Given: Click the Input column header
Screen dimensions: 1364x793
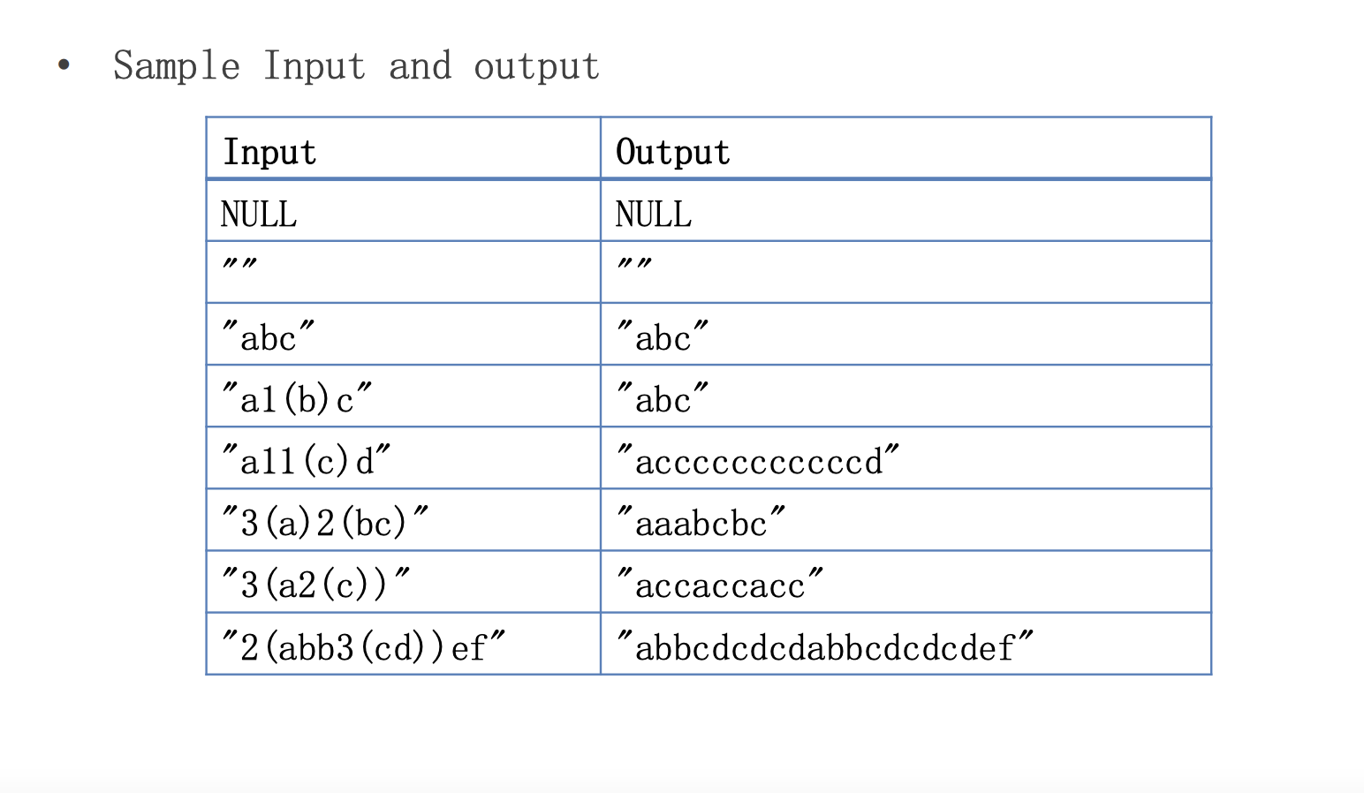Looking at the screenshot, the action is pyautogui.click(x=269, y=152).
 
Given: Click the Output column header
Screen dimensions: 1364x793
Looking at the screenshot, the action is pyautogui.click(x=672, y=152).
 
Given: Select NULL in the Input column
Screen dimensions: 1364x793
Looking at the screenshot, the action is pyautogui.click(x=259, y=215).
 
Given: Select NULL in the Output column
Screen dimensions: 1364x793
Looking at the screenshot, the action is pyautogui.click(x=654, y=215).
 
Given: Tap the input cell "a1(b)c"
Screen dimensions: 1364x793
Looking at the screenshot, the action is pyautogui.click(x=297, y=400).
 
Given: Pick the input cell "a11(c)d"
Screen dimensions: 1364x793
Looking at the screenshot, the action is pyautogui.click(x=306, y=462).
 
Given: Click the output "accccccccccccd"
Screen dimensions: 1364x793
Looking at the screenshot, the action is pyautogui.click(x=758, y=462).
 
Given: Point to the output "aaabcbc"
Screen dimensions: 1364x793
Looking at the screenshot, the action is pyautogui.click(x=701, y=524).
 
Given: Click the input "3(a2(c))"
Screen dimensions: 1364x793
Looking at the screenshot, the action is pyautogui.click(x=315, y=585).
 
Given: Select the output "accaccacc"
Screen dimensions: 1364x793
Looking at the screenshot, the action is pyautogui.click(x=720, y=585).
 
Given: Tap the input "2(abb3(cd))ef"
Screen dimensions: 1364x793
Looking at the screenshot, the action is pyautogui.click(x=363, y=647).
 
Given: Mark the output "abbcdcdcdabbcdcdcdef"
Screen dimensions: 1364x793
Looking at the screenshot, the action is pyautogui.click(x=824, y=647).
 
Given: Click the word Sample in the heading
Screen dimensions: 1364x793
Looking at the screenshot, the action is pyautogui.click(x=177, y=66).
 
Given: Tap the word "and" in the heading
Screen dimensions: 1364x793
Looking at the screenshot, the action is pyautogui.click(x=420, y=66).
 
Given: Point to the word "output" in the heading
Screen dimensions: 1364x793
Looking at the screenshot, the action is pyautogui.click(x=536, y=67).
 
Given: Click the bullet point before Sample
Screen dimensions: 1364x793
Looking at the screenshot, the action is pyautogui.click(x=64, y=64).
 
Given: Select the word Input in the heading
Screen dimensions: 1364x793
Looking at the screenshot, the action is pyautogui.click(x=314, y=66).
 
